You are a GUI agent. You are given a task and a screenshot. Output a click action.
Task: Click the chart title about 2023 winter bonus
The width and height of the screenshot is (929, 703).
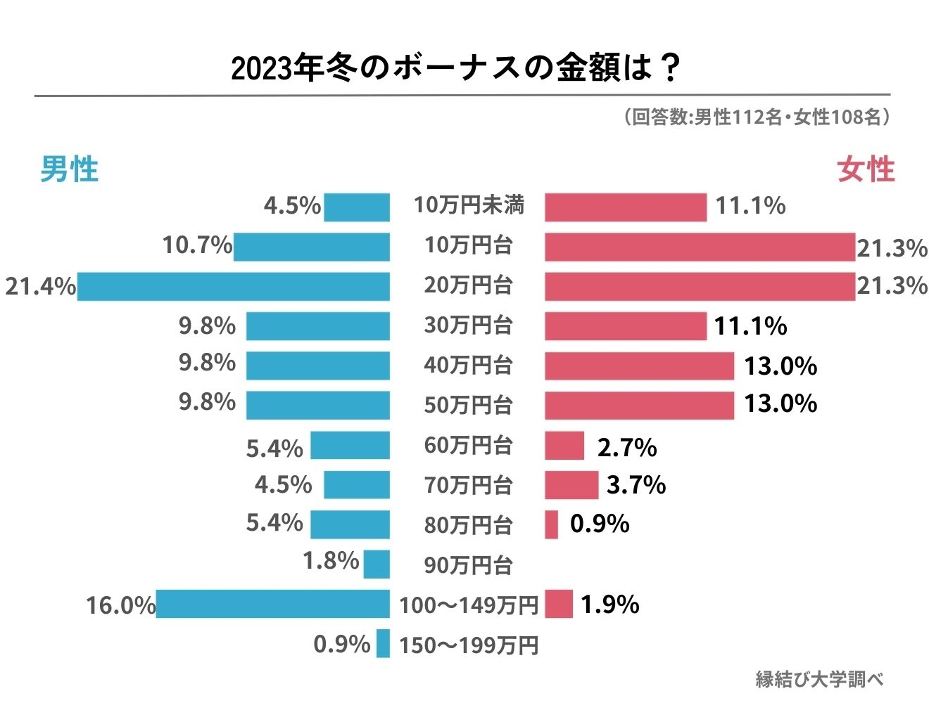(456, 68)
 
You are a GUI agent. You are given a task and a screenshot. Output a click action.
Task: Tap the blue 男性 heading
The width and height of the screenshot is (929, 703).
(69, 169)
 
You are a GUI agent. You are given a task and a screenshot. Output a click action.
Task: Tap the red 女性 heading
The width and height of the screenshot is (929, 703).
(866, 169)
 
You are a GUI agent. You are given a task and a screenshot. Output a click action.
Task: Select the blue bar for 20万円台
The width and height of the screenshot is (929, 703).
(233, 286)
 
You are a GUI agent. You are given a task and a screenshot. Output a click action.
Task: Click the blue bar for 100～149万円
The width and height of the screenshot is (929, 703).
(272, 604)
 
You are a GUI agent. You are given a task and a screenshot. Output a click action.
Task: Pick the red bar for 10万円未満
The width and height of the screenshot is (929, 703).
(625, 207)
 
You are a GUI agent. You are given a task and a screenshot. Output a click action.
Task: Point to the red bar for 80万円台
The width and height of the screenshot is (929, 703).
(551, 524)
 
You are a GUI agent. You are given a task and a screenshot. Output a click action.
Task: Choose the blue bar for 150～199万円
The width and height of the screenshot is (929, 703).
(383, 644)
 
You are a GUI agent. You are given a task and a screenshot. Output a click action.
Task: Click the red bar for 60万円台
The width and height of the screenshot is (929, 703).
(564, 446)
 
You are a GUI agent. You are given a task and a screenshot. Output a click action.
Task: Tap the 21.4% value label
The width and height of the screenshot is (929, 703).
(40, 287)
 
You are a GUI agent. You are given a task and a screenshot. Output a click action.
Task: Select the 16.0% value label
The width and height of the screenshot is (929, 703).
(120, 605)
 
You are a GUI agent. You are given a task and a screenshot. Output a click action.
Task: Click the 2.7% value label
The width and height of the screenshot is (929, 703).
(626, 447)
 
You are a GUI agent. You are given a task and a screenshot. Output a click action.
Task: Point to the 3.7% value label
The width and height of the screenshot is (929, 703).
(636, 485)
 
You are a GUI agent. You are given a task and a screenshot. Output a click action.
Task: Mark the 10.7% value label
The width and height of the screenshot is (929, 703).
(197, 245)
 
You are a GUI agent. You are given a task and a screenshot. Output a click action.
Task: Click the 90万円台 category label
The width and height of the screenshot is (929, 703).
(468, 565)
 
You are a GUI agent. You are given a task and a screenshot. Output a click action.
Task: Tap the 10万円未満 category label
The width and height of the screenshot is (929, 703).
(469, 205)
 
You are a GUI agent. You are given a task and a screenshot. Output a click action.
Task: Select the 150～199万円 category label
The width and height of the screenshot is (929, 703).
(469, 645)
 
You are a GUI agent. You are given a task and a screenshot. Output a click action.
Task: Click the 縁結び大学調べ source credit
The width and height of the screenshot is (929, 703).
(819, 679)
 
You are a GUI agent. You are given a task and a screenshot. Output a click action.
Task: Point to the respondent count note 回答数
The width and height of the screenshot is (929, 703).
(757, 117)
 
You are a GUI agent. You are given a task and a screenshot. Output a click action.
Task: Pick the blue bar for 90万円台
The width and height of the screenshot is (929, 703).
(377, 565)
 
